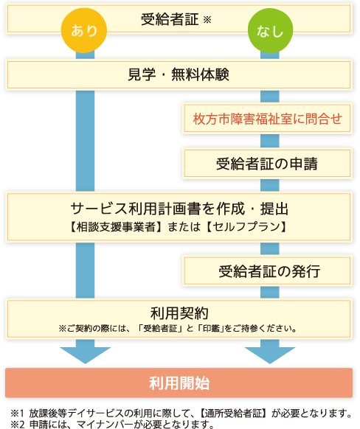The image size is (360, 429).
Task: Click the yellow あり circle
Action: click(x=84, y=30)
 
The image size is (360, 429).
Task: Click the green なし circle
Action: click(x=270, y=30)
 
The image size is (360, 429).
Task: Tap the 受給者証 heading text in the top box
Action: click(x=170, y=19)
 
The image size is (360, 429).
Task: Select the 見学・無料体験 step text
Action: click(x=179, y=74)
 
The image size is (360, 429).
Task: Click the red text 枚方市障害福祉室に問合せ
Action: click(x=268, y=119)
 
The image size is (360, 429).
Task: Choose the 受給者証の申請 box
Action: click(x=267, y=164)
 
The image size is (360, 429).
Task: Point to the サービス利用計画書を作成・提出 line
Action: click(x=179, y=209)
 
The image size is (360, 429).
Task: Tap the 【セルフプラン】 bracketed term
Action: click(x=246, y=227)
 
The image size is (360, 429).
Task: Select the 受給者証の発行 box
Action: click(x=267, y=271)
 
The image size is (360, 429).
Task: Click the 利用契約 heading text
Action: click(x=179, y=313)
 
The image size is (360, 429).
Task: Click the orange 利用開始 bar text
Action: click(x=179, y=383)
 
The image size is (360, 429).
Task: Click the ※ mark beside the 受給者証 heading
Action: click(x=207, y=19)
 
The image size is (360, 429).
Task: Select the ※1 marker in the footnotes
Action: click(x=18, y=414)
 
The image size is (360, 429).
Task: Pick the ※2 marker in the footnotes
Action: click(x=18, y=425)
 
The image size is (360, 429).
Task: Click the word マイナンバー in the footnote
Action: click(x=105, y=425)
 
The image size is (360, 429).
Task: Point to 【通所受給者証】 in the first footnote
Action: click(x=234, y=414)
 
